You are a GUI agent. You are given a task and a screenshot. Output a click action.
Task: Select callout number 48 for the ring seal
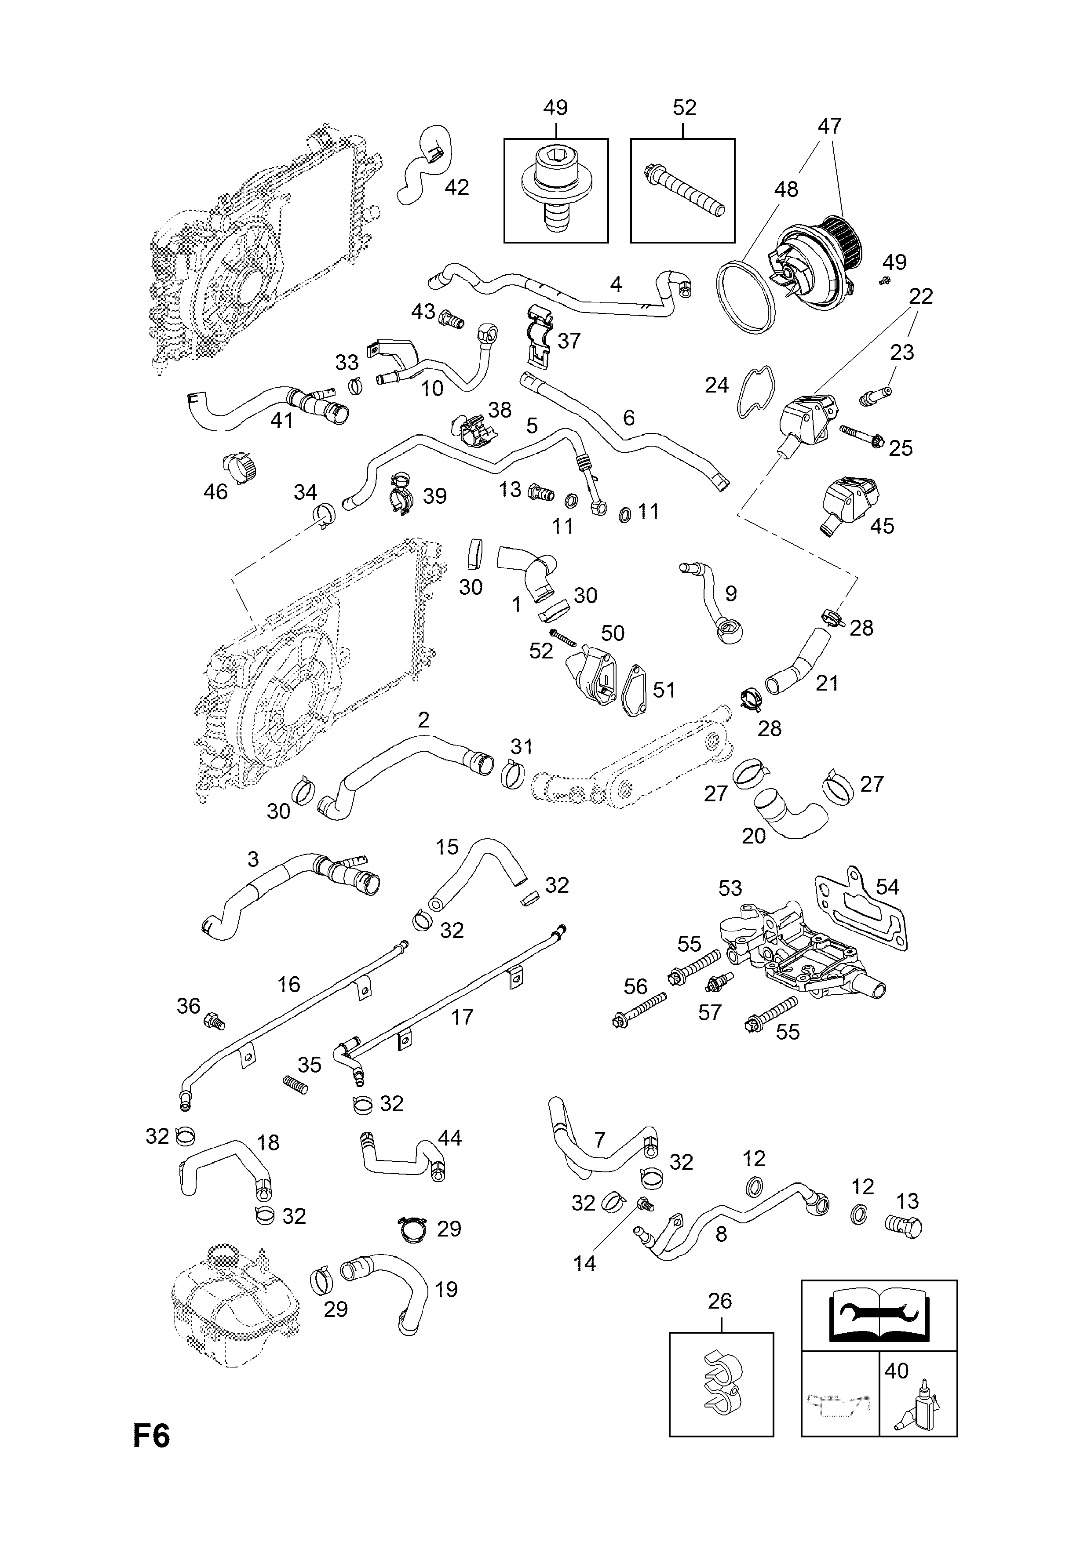[x=786, y=189]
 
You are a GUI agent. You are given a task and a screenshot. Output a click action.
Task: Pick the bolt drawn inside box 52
[x=684, y=190]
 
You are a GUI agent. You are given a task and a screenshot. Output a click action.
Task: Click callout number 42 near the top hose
[x=457, y=187]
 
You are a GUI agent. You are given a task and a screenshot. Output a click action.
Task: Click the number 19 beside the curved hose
[x=446, y=1290]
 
